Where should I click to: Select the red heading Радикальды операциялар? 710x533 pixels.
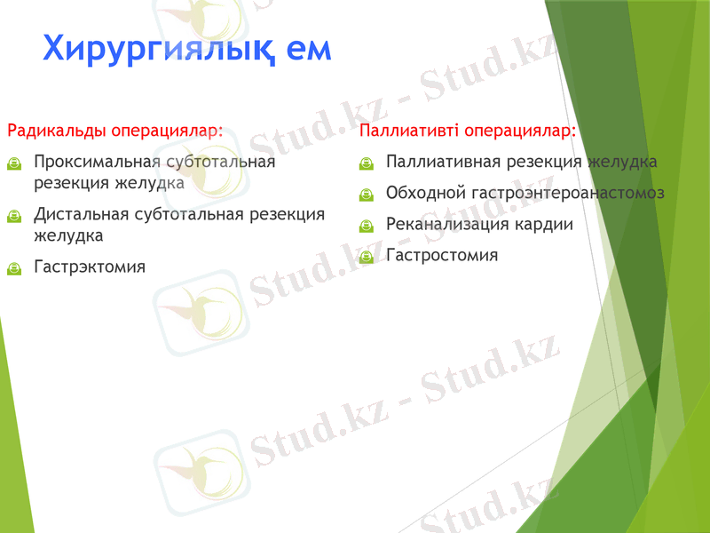point(114,131)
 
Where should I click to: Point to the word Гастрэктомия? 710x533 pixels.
point(89,266)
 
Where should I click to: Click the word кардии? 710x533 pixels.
point(544,224)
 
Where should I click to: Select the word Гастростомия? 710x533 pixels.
point(442,255)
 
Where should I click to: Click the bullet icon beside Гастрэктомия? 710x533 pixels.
point(13,267)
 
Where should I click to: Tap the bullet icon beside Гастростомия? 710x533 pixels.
point(366,256)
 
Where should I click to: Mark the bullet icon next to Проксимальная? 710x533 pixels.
point(13,163)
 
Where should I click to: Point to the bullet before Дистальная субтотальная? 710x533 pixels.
point(13,215)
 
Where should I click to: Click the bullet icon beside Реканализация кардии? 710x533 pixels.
point(366,225)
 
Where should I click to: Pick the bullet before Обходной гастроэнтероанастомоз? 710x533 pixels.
point(366,195)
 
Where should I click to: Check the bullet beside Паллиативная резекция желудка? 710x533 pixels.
point(366,163)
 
